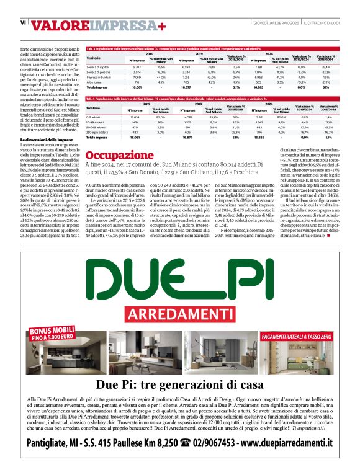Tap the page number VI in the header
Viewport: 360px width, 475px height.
pos(23,23)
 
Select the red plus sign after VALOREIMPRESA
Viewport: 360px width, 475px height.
pos(161,25)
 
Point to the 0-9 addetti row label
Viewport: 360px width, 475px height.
pos(95,117)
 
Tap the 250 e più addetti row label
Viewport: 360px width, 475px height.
pos(98,131)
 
